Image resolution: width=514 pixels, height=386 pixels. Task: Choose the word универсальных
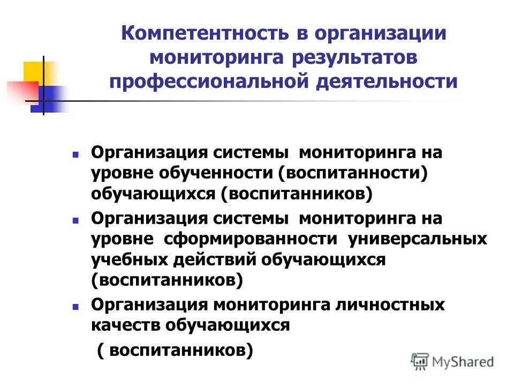coord(418,239)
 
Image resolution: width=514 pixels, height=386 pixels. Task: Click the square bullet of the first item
coord(75,154)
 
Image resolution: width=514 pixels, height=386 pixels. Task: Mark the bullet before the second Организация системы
coord(75,220)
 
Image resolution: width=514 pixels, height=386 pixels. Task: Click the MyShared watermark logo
coord(452,361)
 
